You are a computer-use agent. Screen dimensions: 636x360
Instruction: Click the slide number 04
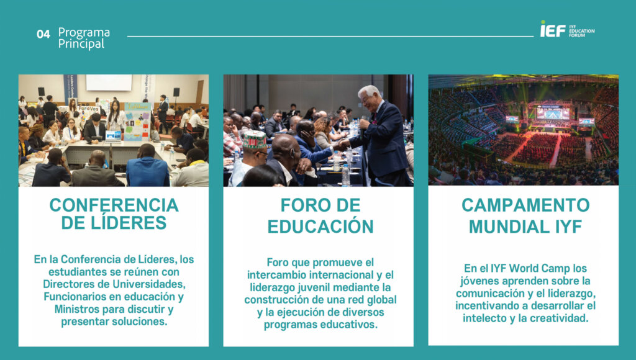pos(43,34)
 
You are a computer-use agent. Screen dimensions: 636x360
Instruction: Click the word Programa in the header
pos(84,32)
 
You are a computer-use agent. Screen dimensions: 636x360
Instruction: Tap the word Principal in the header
pos(81,44)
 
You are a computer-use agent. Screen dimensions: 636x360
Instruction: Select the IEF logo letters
pos(553,29)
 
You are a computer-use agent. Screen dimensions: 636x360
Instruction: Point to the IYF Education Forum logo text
pos(581,31)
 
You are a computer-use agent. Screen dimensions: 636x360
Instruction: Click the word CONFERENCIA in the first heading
pos(114,205)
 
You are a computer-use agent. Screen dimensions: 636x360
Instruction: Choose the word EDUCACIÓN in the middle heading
pos(320,226)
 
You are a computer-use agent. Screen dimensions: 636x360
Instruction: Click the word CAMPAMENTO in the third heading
pos(525,205)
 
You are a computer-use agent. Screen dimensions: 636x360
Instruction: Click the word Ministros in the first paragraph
pos(76,309)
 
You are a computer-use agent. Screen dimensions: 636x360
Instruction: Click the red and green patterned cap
pos(254,139)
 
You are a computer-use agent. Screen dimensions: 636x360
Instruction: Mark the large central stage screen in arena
pos(553,113)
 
